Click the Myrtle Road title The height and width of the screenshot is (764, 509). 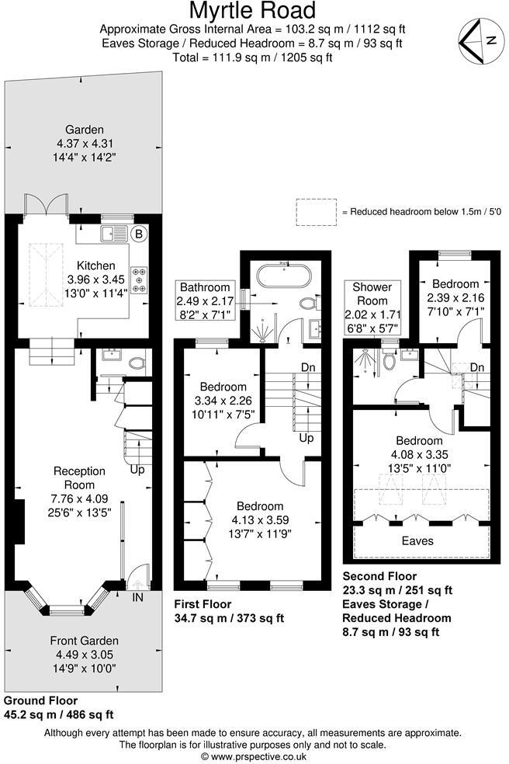pyautogui.click(x=254, y=11)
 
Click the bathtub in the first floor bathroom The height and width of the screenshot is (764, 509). pyautogui.click(x=284, y=275)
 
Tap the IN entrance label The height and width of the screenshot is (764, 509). pyautogui.click(x=138, y=598)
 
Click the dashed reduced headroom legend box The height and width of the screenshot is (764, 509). pyautogui.click(x=317, y=211)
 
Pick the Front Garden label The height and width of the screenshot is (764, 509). pyautogui.click(x=85, y=641)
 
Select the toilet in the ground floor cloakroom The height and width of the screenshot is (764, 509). pyautogui.click(x=138, y=361)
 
